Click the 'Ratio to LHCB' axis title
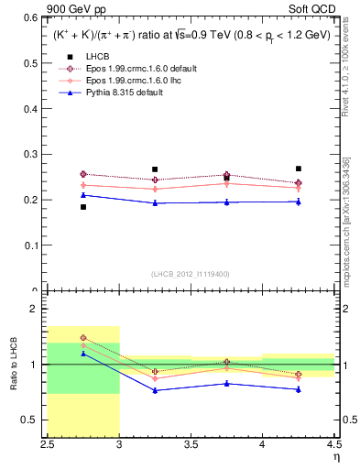[x=13, y=364]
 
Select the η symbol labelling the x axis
[x=335, y=457]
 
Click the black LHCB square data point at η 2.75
[x=83, y=207]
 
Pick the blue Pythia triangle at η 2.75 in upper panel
[x=83, y=195]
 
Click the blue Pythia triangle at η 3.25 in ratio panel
[x=155, y=390]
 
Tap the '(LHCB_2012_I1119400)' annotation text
[x=191, y=274]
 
